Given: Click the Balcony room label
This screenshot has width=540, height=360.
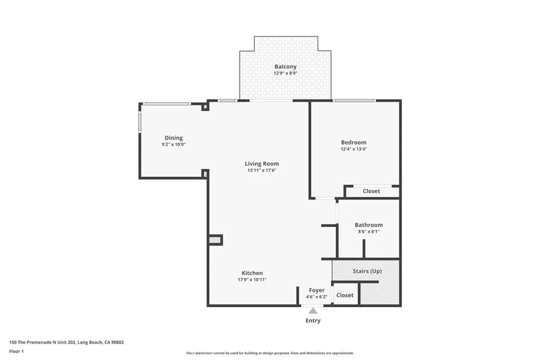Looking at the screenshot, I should pos(285,66).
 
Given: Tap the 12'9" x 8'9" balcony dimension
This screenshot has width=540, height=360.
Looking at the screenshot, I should pos(285,73).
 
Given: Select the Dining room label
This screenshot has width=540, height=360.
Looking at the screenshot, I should pos(173,138).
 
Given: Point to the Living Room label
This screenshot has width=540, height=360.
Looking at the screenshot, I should pos(262,163).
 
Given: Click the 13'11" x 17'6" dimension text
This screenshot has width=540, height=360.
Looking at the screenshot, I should pos(262,170).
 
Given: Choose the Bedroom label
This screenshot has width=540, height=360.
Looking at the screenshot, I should pos(353,142).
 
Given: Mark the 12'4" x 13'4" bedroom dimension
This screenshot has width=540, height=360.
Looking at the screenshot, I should pos(353,149).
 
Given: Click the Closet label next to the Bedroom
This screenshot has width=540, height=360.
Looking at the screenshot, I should pos(371,191).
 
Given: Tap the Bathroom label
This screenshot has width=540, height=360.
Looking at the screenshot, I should pos(369,225).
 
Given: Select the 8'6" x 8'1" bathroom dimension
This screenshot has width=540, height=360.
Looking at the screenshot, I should pos(369,231).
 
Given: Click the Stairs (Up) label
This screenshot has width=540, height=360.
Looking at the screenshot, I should pos(367,271).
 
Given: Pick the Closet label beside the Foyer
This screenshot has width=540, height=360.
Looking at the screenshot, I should pos(345,295).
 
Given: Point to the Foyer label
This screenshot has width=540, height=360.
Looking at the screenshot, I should pos(317,290).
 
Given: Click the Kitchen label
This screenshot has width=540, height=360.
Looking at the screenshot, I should pos(252,273).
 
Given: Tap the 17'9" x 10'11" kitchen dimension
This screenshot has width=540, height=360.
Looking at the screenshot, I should pos(252,279).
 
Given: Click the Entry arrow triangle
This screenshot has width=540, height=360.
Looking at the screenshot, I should pos(313,311).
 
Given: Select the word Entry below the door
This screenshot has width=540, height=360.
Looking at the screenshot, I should pos(313,320).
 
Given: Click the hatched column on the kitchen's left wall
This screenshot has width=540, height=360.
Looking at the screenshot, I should pos(215,240).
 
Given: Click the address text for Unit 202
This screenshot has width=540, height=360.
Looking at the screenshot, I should pos(66,342).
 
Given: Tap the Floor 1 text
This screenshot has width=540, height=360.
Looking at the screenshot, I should pos(17,351).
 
